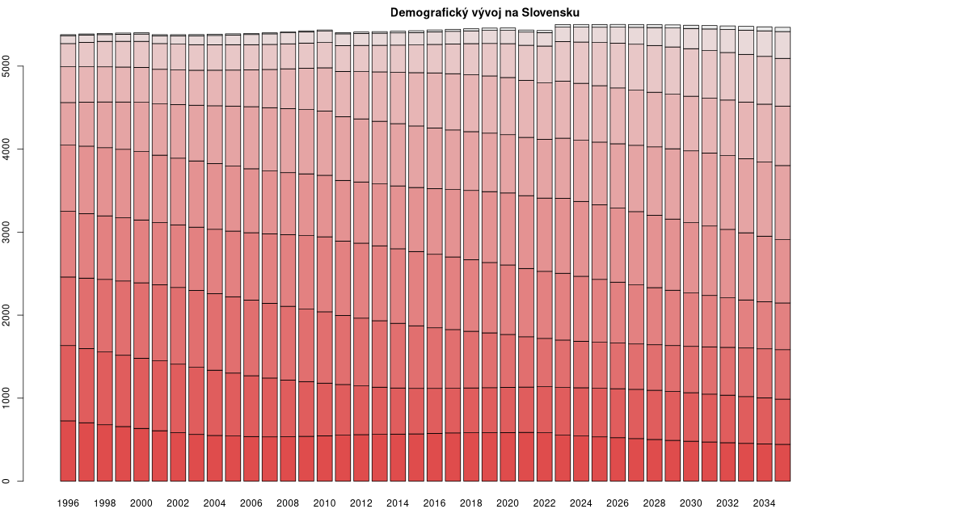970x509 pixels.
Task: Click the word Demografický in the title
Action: (x=423, y=13)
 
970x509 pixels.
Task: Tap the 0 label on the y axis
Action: (x=11, y=481)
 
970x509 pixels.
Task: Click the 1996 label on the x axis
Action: (x=68, y=503)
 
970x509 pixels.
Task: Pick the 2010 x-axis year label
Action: (x=324, y=503)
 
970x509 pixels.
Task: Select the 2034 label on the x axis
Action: (x=763, y=503)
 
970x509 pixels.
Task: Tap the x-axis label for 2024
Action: (x=580, y=503)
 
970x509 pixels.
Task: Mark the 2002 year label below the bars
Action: (x=178, y=503)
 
